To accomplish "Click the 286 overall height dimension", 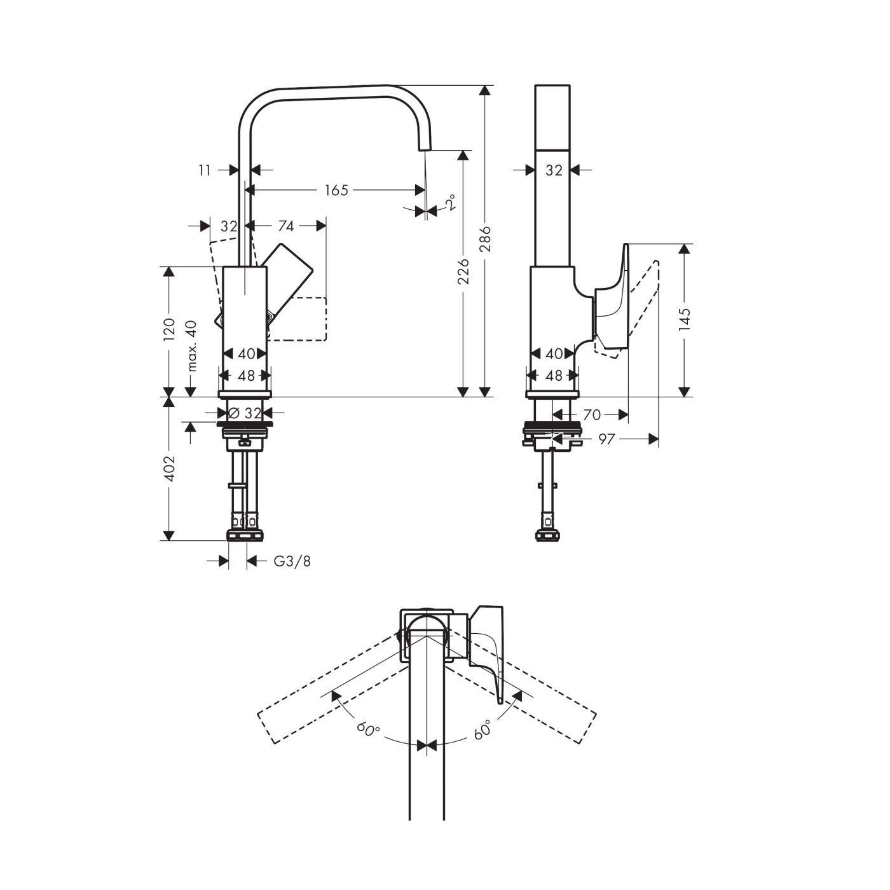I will (x=486, y=238).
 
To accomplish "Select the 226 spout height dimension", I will (x=463, y=271).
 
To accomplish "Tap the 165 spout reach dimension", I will (x=336, y=190).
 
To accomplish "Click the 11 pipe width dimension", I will (x=204, y=170).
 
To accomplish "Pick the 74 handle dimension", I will (x=286, y=226).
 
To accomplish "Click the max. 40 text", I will (x=191, y=345).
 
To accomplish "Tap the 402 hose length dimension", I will (x=169, y=468).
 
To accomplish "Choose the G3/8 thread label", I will (x=292, y=561).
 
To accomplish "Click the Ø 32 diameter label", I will (x=245, y=413).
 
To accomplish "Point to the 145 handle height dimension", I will (x=684, y=320).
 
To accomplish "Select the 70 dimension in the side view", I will (x=591, y=415).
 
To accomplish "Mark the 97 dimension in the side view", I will (x=606, y=439).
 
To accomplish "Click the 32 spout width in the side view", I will (x=554, y=170).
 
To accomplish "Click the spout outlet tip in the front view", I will (x=424, y=146).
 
